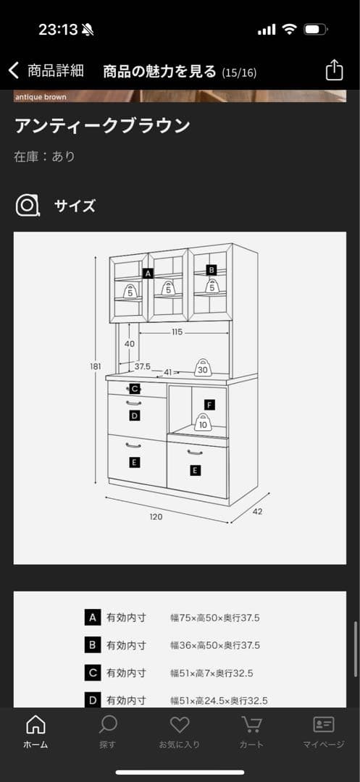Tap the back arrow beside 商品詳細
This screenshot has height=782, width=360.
tap(14, 71)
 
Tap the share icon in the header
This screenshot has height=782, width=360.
tap(334, 70)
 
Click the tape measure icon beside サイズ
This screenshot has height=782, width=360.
tap(27, 206)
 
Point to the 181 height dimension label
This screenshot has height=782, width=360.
tap(95, 366)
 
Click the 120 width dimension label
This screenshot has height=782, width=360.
tap(156, 517)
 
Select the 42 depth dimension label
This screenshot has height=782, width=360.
tap(257, 511)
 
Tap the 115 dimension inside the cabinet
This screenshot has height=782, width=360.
tap(177, 332)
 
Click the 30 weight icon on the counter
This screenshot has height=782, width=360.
tap(202, 368)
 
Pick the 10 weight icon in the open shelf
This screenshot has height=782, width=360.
tap(202, 422)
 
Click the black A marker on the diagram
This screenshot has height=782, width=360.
tap(148, 273)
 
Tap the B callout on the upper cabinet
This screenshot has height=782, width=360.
tap(212, 270)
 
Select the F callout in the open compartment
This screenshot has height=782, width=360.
tap(209, 405)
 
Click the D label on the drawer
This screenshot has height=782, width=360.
tap(134, 416)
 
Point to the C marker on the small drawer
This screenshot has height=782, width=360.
tap(134, 389)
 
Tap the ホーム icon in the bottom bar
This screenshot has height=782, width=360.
tap(36, 725)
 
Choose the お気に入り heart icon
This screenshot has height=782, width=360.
tap(180, 725)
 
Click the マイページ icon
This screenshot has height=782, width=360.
tap(324, 725)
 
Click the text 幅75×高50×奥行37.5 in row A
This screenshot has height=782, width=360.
tap(215, 618)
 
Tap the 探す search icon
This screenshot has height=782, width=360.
tap(108, 725)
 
